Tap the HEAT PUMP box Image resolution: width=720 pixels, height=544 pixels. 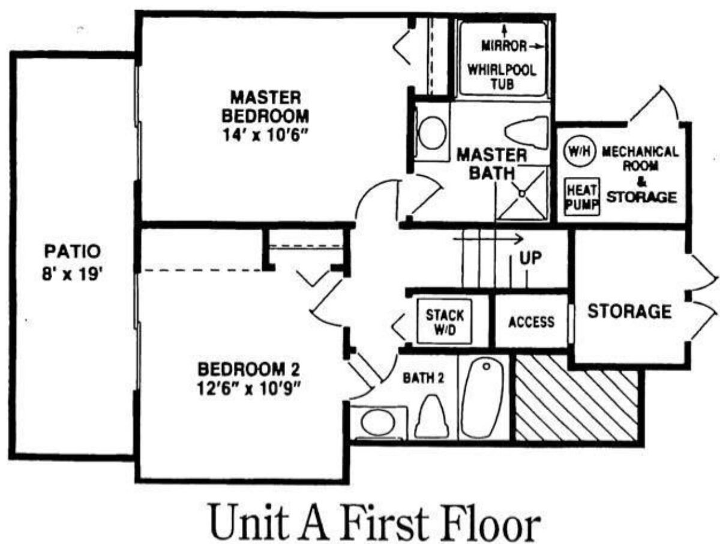(x=582, y=197)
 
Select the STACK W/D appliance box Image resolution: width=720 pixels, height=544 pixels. (x=445, y=321)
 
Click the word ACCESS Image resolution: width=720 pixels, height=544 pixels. (x=531, y=322)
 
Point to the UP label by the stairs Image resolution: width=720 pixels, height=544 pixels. (x=530, y=259)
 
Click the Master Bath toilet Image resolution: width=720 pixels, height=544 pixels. (x=527, y=133)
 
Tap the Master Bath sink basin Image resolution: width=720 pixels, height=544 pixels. (x=433, y=133)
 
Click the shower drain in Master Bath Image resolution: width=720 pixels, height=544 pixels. (x=522, y=194)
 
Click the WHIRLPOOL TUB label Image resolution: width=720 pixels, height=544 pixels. (x=502, y=77)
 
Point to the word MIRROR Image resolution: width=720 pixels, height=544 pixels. (x=504, y=46)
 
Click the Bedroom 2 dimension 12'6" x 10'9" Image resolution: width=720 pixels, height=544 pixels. (x=248, y=389)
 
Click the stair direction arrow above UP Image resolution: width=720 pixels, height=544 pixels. (x=488, y=239)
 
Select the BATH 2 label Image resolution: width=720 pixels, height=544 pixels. (x=423, y=378)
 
